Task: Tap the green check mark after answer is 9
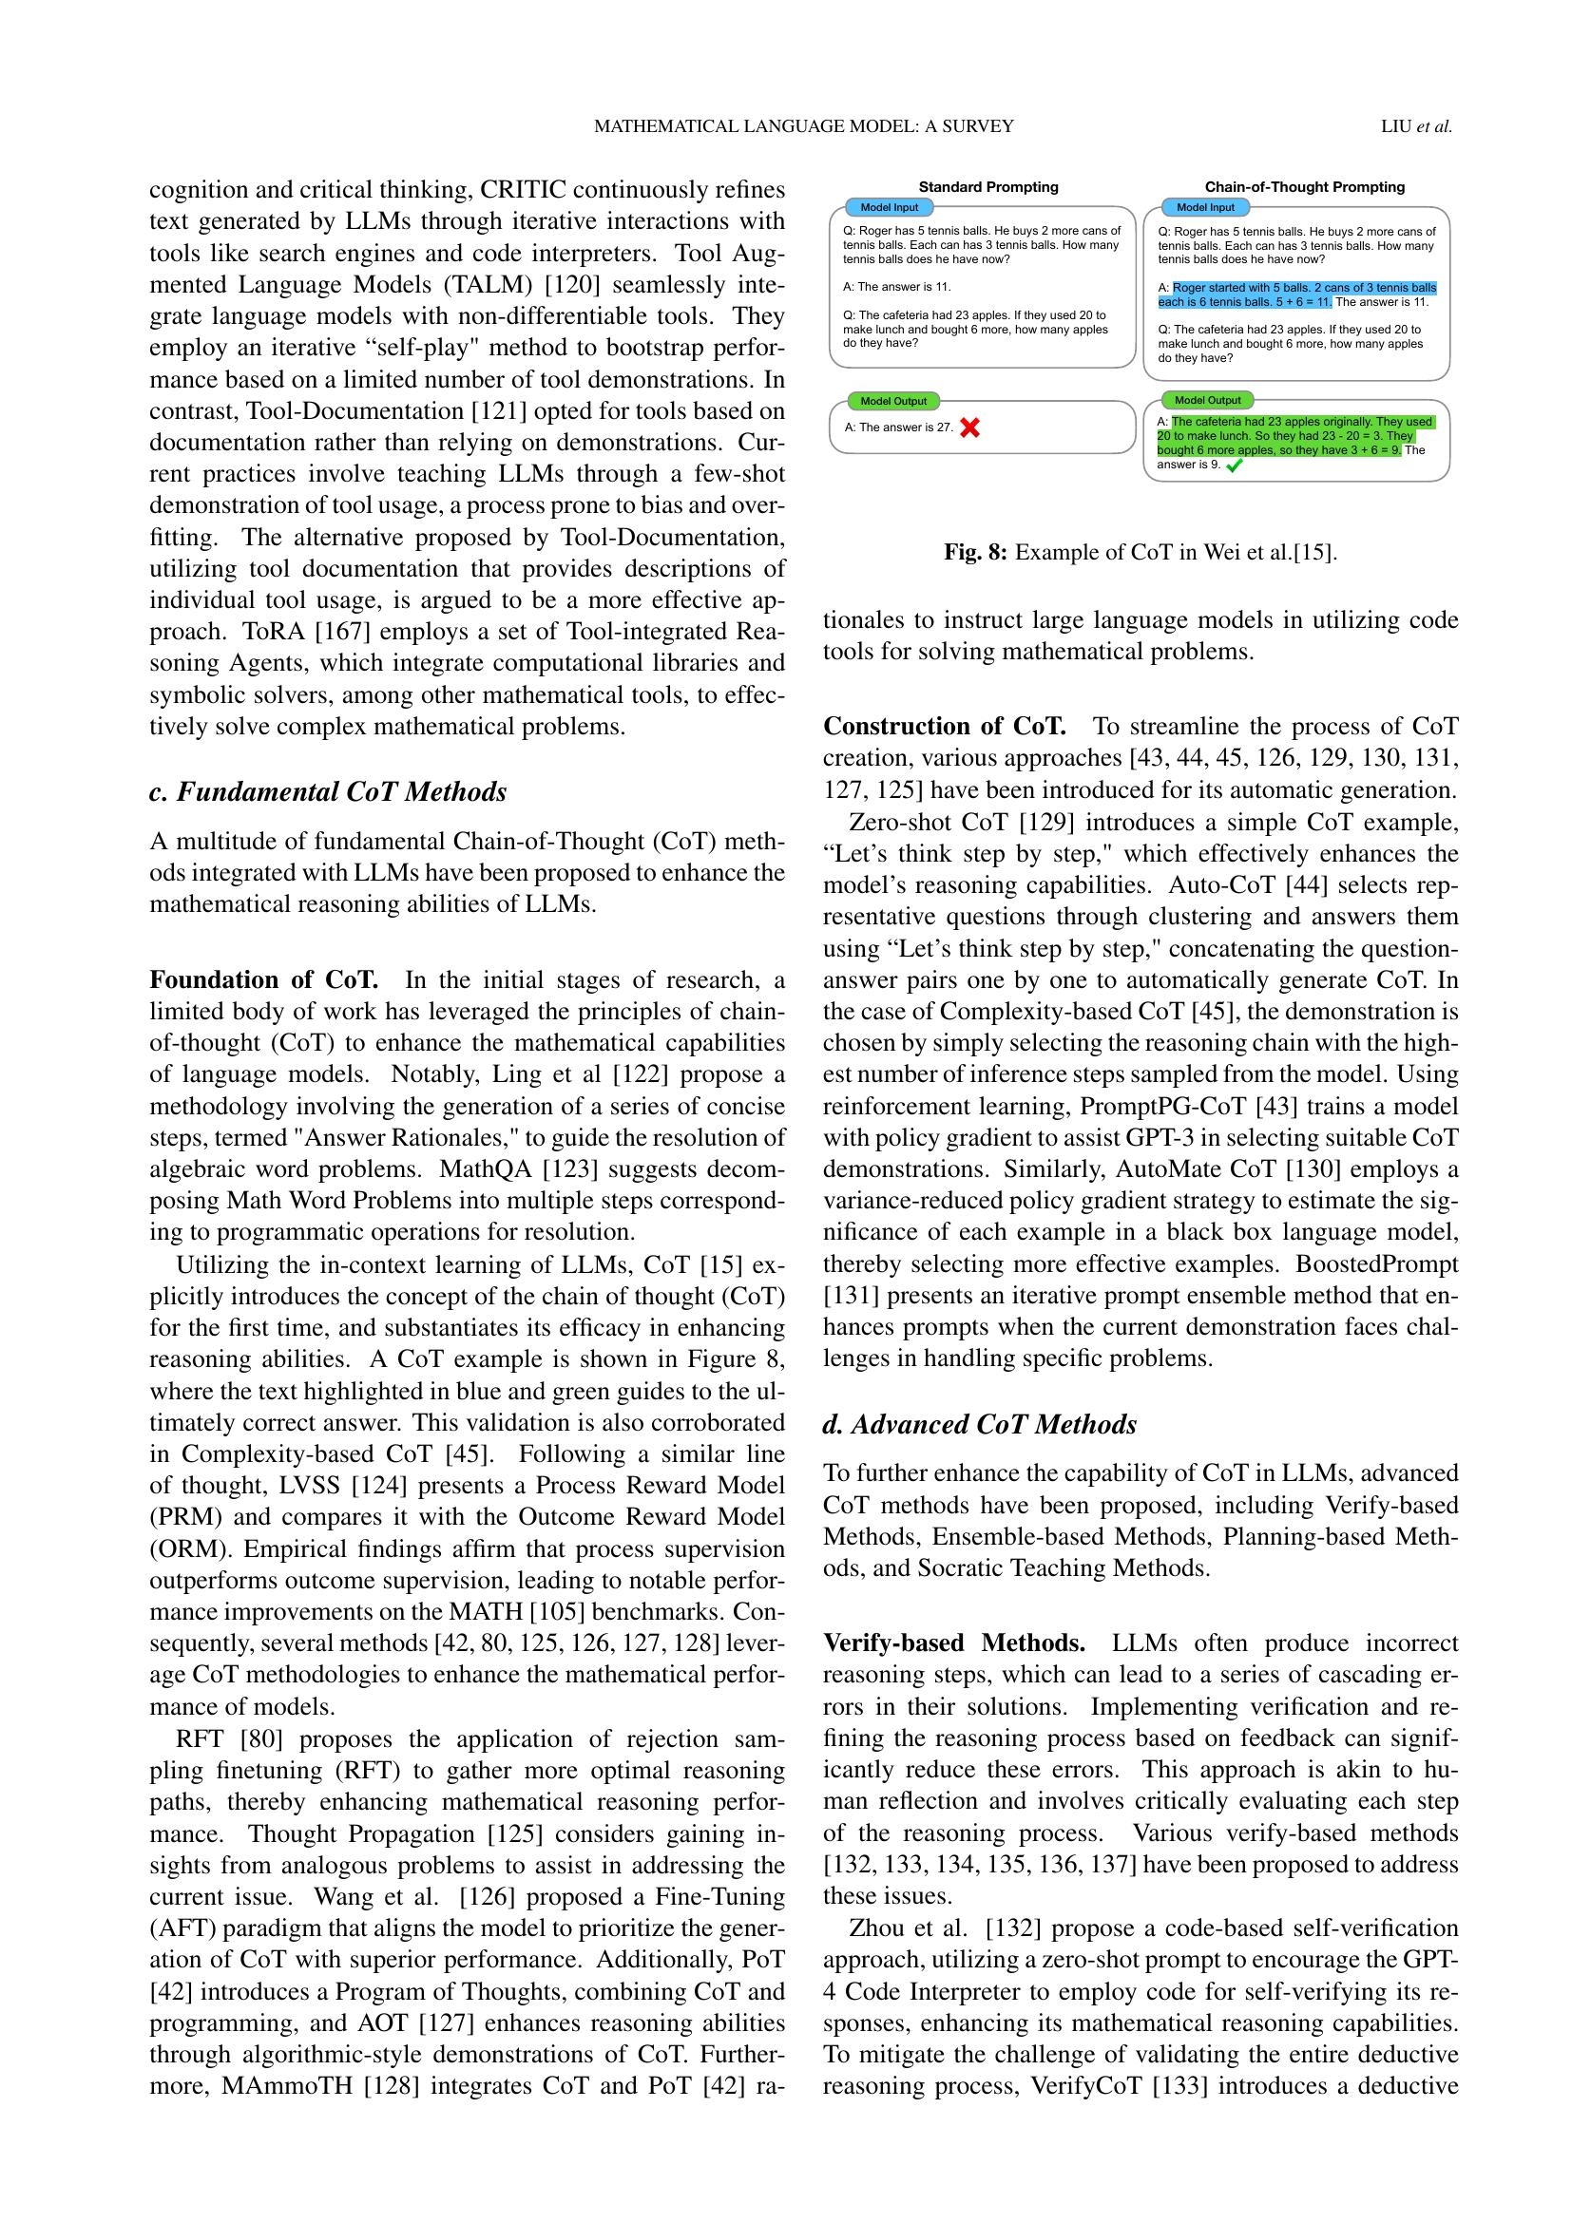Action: click(x=1234, y=465)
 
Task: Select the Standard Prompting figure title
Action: click(x=988, y=187)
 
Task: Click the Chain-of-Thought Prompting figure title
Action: click(x=1304, y=187)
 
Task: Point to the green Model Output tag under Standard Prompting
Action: click(x=892, y=401)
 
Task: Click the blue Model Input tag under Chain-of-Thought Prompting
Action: click(x=1205, y=207)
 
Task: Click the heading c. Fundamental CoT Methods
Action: click(x=327, y=791)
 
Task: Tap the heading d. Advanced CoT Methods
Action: click(x=980, y=1425)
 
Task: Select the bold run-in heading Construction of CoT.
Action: click(x=944, y=726)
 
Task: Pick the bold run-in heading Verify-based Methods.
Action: click(x=953, y=1643)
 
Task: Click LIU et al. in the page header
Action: click(x=1416, y=125)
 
